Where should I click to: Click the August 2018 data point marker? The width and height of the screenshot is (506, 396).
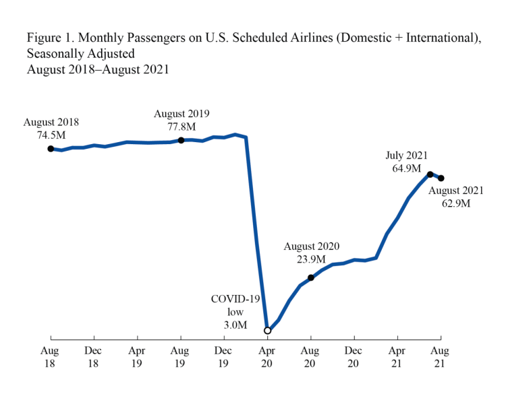coord(51,149)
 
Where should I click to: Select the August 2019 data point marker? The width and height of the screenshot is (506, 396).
coord(181,140)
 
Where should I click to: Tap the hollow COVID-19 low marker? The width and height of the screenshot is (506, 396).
coord(268,331)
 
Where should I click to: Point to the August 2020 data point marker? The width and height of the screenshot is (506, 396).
coord(311,277)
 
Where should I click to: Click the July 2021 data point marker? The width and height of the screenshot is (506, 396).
coord(430,174)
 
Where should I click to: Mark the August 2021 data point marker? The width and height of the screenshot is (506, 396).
coord(441,178)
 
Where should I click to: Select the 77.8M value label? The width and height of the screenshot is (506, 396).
coord(181,126)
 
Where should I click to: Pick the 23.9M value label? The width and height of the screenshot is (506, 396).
coord(311,259)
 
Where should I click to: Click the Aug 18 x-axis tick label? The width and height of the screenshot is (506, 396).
coord(51,357)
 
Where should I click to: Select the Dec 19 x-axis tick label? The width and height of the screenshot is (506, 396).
coord(225,357)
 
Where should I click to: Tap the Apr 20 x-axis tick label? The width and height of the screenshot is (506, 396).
coord(268,357)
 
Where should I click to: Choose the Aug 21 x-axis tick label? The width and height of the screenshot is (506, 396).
coord(441,357)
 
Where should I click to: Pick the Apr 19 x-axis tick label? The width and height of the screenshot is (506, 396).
coord(138,357)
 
